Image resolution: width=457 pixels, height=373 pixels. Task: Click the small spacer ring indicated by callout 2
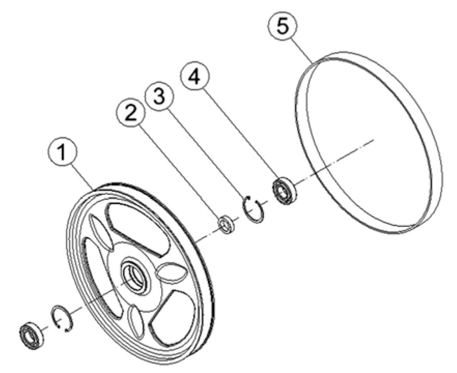coord(225,225)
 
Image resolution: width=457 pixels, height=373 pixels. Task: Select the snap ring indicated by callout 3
coord(254,209)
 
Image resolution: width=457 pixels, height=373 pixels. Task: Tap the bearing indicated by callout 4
coord(284,190)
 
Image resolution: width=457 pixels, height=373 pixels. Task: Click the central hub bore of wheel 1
coord(133,277)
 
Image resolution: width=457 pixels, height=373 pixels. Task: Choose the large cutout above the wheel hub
coord(136,228)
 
